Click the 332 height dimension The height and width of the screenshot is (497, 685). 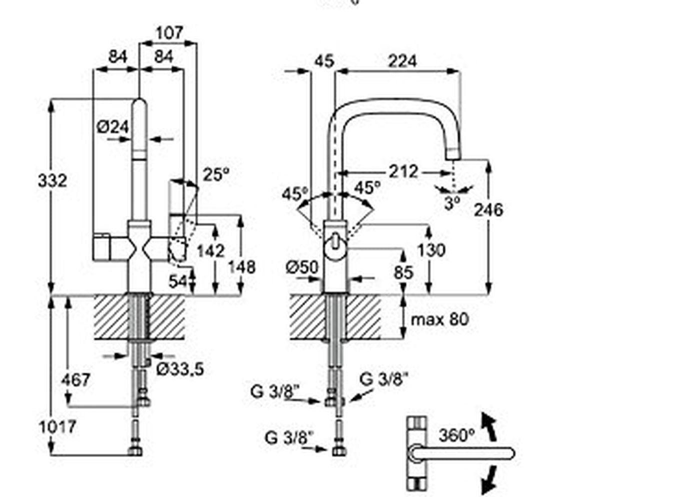(x=52, y=180)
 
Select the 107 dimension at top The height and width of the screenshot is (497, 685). (x=169, y=33)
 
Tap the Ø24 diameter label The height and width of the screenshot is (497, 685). (x=113, y=126)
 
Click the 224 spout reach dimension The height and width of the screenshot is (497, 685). (x=402, y=61)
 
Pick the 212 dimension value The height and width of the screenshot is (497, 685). (x=403, y=171)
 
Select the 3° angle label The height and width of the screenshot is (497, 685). (x=452, y=203)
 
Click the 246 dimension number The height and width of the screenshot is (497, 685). (x=488, y=209)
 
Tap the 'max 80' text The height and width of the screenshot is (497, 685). (x=440, y=318)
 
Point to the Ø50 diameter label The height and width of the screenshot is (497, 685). (x=302, y=267)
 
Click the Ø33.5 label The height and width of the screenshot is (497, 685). (x=180, y=369)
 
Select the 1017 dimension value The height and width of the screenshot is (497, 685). (x=58, y=426)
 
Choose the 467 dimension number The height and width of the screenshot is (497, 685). (x=76, y=380)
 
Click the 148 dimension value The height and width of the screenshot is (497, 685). (x=241, y=266)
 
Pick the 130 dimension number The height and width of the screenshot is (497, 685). (x=431, y=249)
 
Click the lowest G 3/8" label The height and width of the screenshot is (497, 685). (x=289, y=437)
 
